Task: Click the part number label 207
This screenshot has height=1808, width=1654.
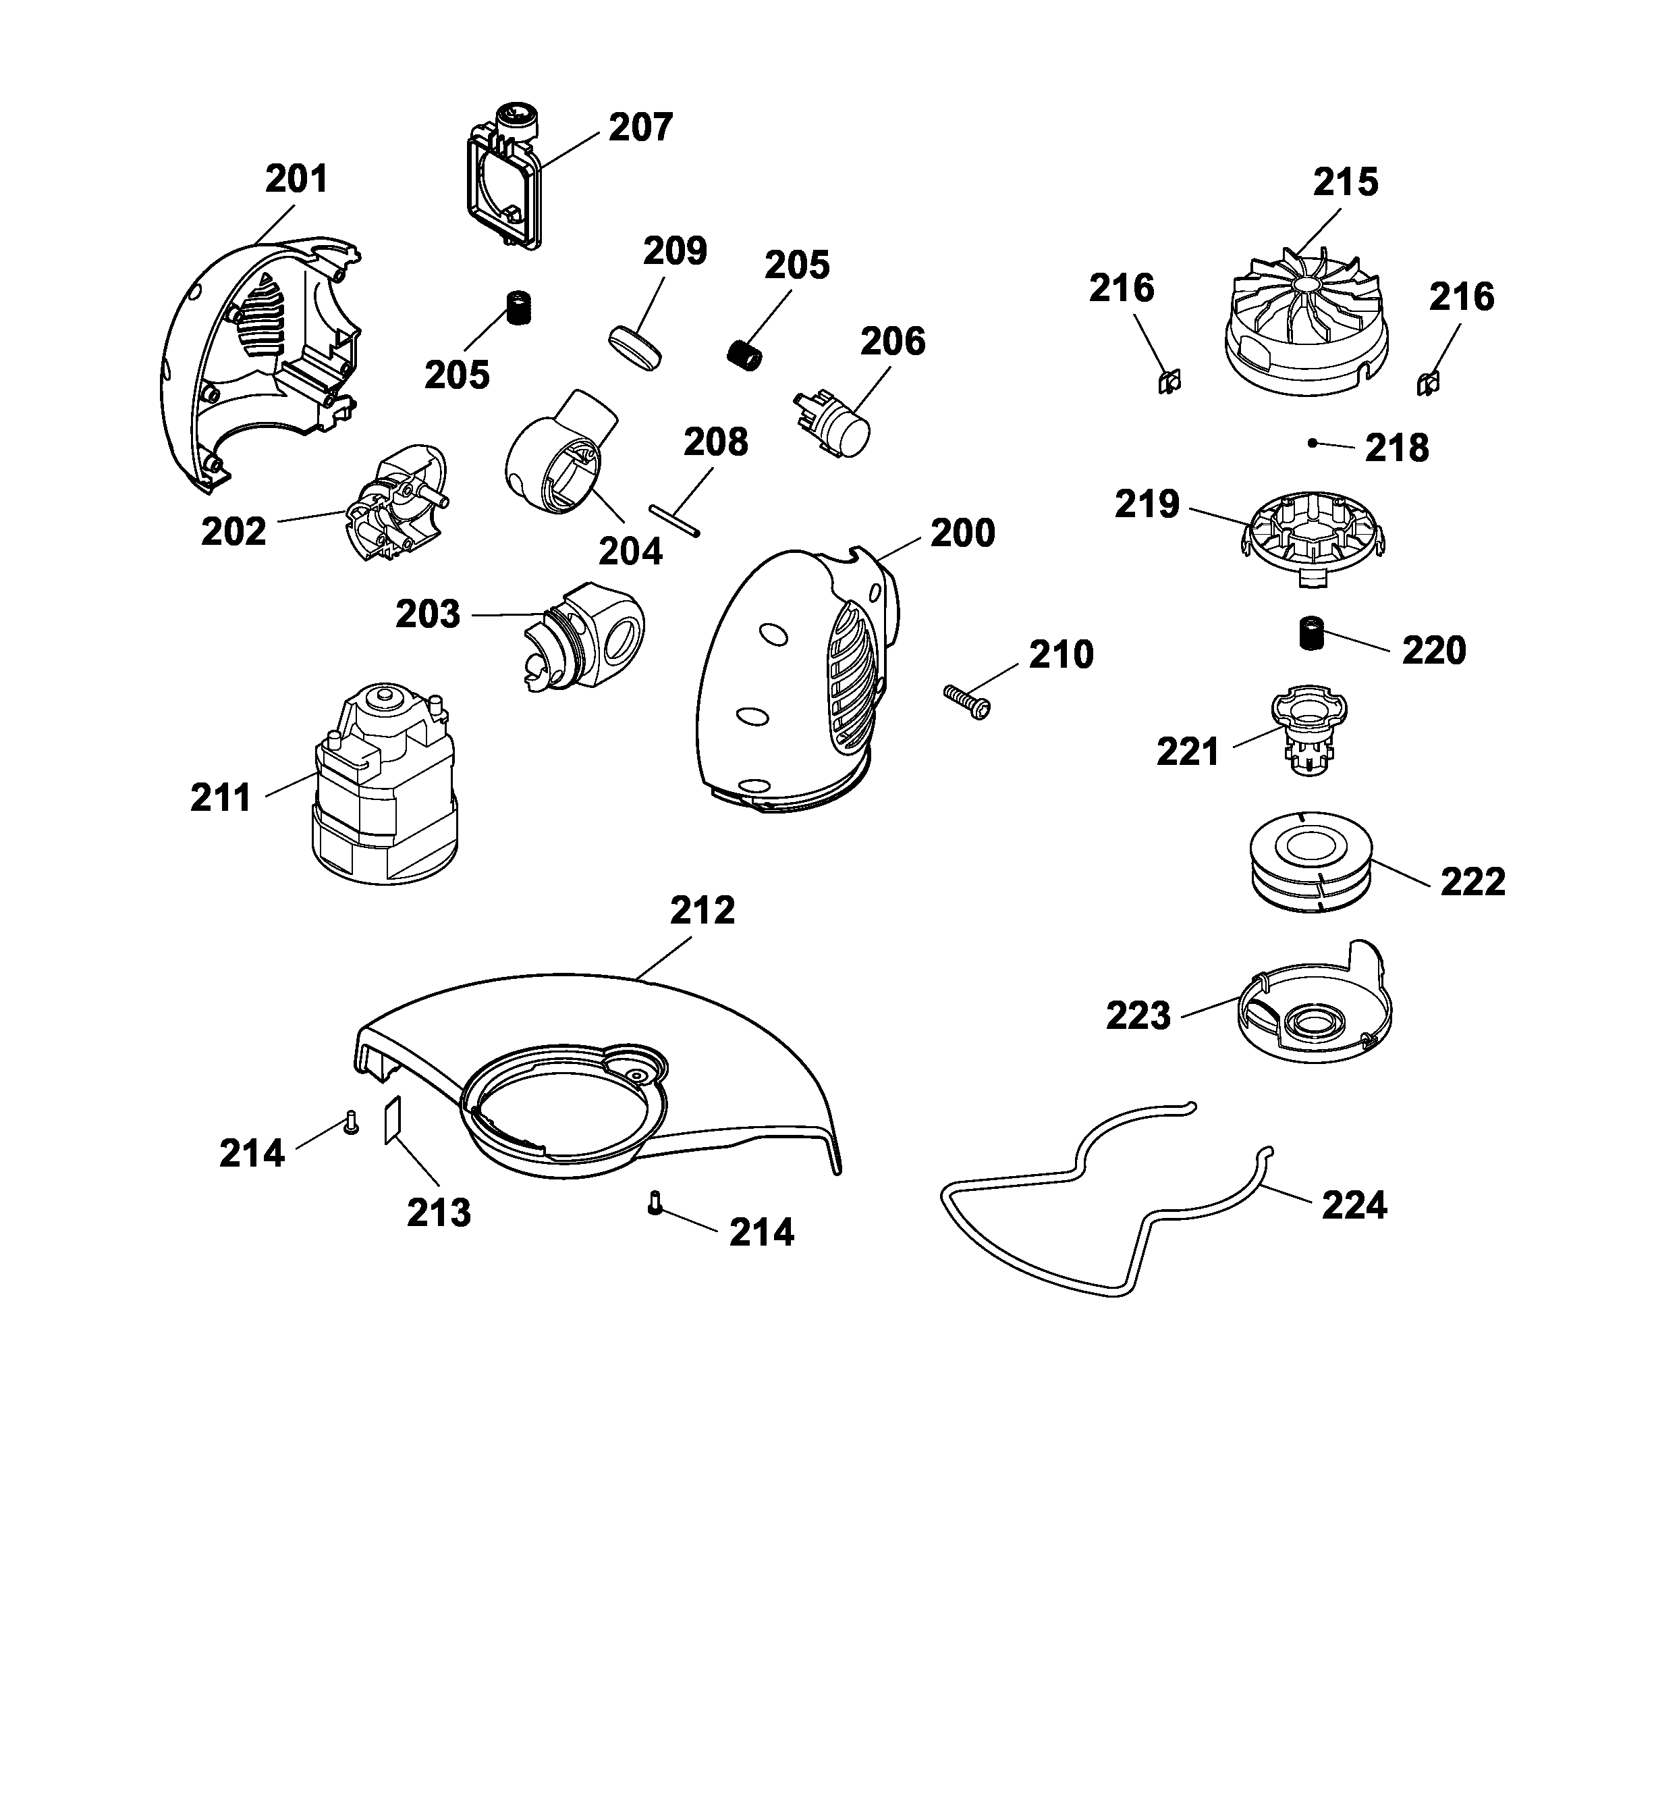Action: (x=640, y=128)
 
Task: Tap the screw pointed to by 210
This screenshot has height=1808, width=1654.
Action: (x=966, y=700)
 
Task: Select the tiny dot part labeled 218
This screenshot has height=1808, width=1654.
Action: (x=1312, y=442)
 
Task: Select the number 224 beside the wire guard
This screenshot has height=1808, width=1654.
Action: (x=1354, y=1205)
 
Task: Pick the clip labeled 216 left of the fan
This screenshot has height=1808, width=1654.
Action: (x=1168, y=382)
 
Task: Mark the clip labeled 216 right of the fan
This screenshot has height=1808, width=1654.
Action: (x=1427, y=384)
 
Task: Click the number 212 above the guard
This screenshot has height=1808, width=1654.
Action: (x=702, y=910)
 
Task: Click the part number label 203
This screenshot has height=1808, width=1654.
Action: (x=428, y=614)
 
